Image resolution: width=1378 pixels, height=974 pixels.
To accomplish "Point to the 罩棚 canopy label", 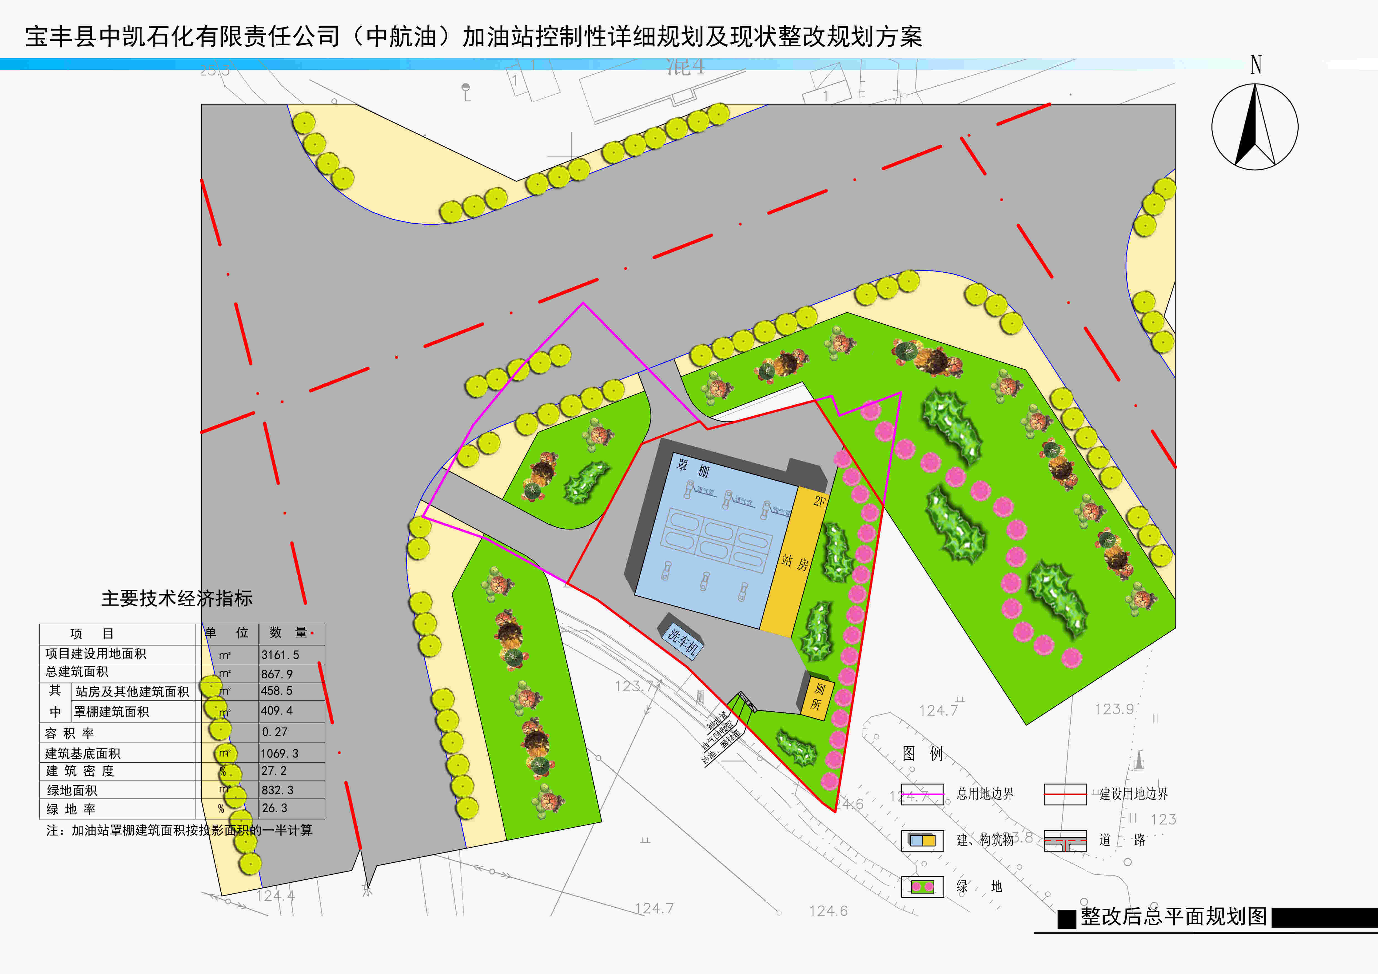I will coord(693,468).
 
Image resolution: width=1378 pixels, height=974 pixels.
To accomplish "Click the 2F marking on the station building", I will coord(819,501).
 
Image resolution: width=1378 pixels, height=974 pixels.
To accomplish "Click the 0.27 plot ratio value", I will coord(274,732).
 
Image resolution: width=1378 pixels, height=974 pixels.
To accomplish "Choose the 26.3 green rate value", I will coord(274,808).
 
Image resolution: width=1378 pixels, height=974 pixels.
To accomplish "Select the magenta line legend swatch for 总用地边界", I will coord(922,794).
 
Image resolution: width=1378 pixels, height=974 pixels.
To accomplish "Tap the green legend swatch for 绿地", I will coord(922,886).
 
